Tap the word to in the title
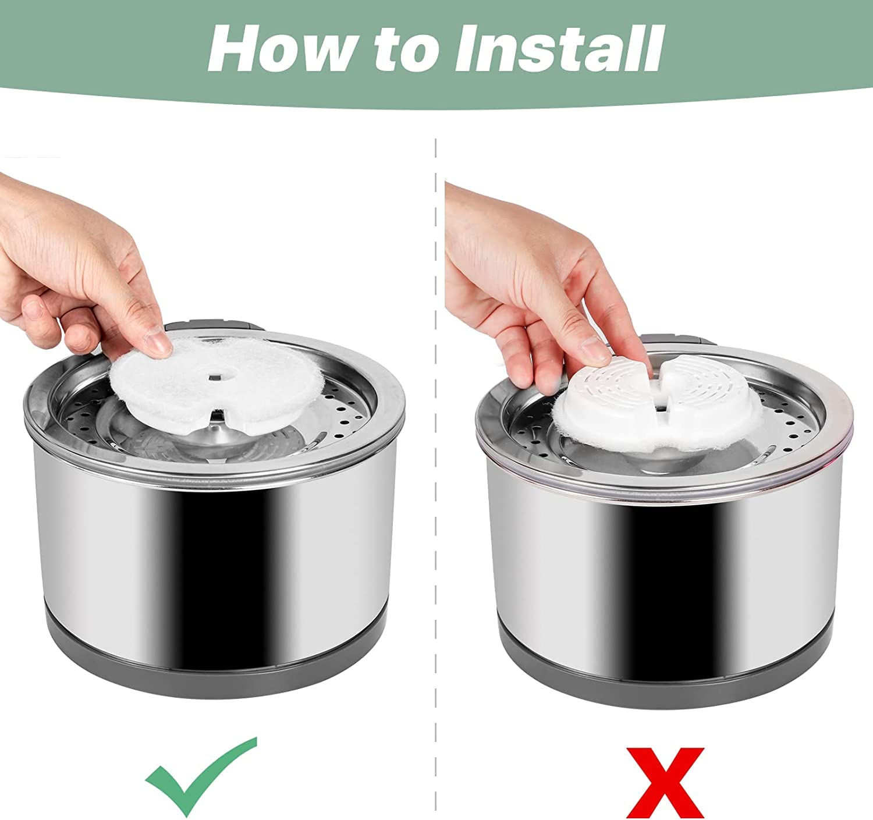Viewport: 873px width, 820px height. click(x=407, y=49)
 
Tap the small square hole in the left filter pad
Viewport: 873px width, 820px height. click(x=215, y=377)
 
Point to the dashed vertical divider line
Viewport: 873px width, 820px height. click(x=435, y=479)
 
